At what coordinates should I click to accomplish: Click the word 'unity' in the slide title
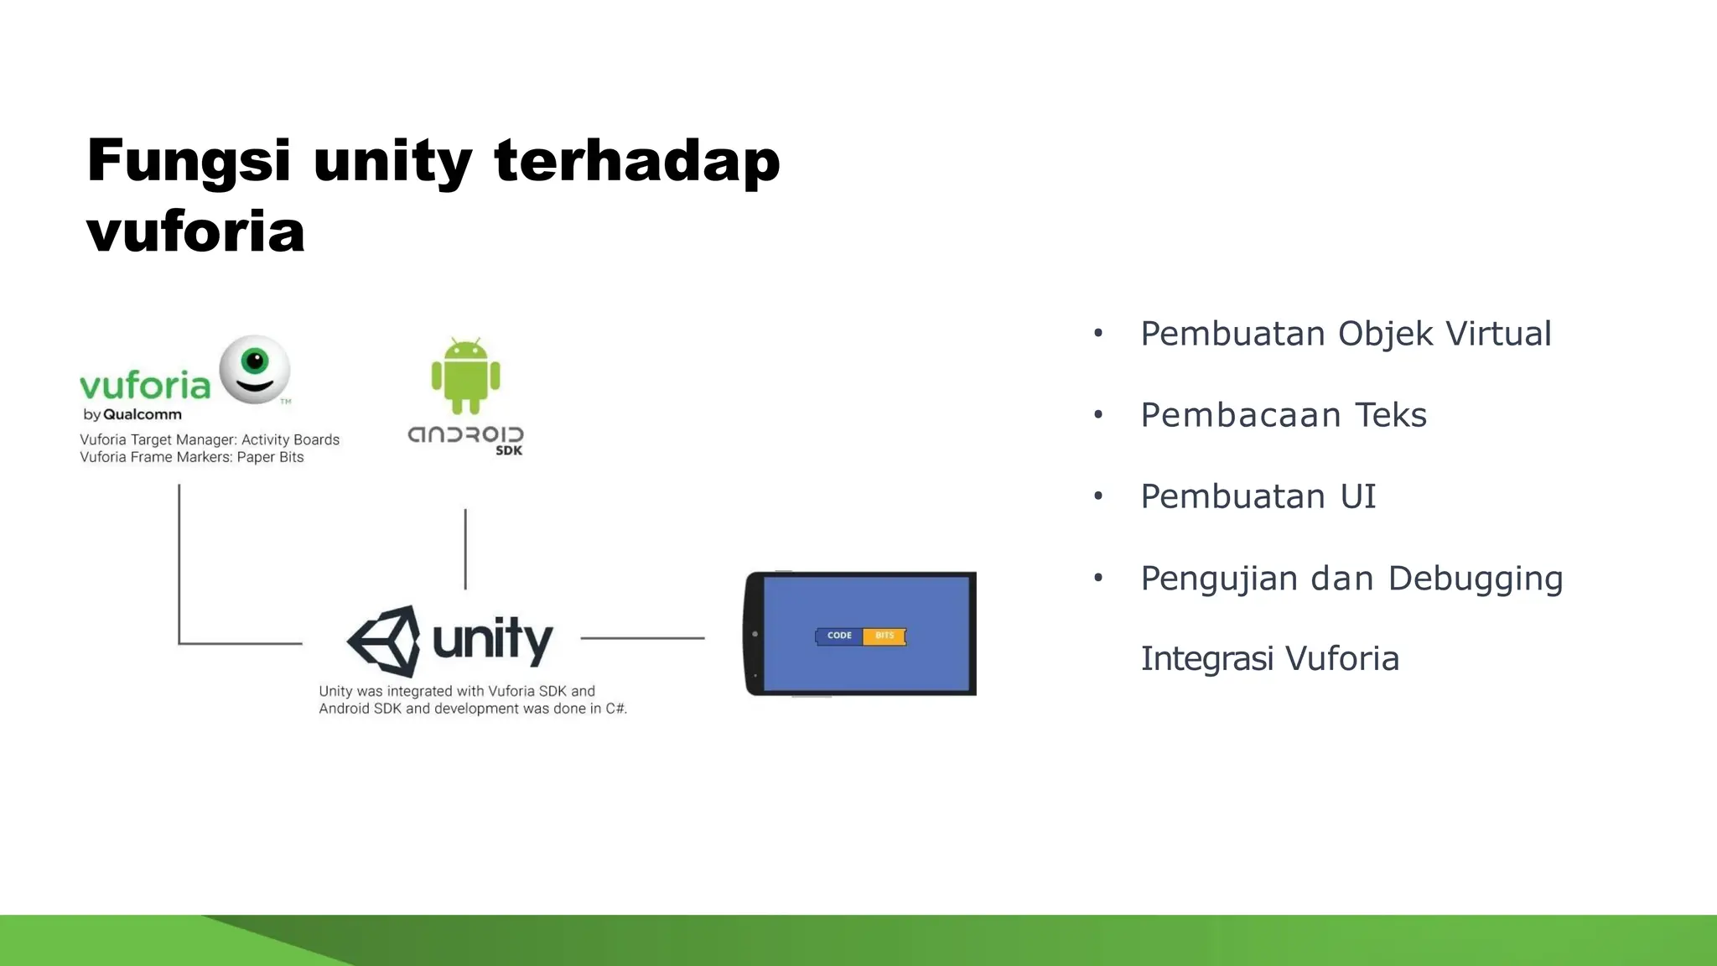click(392, 161)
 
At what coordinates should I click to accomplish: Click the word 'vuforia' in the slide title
click(195, 232)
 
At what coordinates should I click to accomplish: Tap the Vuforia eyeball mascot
click(255, 369)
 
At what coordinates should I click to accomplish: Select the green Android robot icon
click(465, 377)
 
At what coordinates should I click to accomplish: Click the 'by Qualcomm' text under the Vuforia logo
click(132, 414)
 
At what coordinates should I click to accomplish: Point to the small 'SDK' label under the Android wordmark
click(509, 450)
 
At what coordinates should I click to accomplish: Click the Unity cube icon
click(385, 641)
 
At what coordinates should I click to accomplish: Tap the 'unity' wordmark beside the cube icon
click(492, 639)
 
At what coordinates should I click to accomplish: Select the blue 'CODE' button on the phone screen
click(839, 636)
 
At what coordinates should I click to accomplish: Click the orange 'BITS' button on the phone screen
click(884, 636)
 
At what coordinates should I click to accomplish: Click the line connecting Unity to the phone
click(642, 638)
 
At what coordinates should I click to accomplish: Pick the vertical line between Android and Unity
click(465, 548)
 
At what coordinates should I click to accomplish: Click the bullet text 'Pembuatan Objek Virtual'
click(1346, 334)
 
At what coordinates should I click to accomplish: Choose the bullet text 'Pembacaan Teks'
click(1283, 415)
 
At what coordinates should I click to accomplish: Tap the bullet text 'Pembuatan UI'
click(1258, 496)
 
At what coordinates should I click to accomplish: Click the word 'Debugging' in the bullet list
click(1475, 579)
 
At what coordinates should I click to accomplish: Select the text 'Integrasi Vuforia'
click(1269, 659)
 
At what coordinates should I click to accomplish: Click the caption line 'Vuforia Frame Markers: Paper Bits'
click(191, 457)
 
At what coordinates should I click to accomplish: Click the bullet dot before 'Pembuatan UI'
click(1098, 496)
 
